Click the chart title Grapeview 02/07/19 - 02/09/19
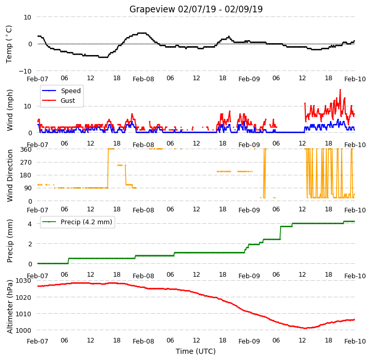(196, 9)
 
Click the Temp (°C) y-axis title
(9, 44)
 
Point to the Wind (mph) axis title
(9, 110)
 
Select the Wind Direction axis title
(9, 175)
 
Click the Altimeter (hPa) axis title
(9, 307)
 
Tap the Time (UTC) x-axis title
(196, 351)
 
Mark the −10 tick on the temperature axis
(25, 71)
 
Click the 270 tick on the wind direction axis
(26, 163)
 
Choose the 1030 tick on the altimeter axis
(24, 281)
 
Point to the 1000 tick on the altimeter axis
(24, 330)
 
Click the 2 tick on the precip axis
(30, 244)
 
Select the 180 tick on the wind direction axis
(26, 175)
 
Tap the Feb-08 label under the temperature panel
(143, 79)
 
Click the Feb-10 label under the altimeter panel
(355, 341)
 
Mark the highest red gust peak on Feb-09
(340, 89)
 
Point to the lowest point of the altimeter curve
(305, 328)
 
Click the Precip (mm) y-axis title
(9, 241)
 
